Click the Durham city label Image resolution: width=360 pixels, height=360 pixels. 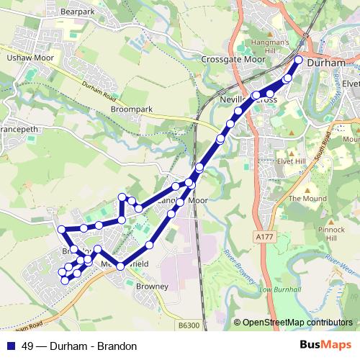click(327, 63)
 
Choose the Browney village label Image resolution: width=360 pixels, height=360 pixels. click(152, 286)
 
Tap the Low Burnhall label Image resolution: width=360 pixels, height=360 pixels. click(274, 289)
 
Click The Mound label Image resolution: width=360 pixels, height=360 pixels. click(302, 198)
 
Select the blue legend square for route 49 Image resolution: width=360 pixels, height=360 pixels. click(9, 346)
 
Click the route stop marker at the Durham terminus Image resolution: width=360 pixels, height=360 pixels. click(299, 59)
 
